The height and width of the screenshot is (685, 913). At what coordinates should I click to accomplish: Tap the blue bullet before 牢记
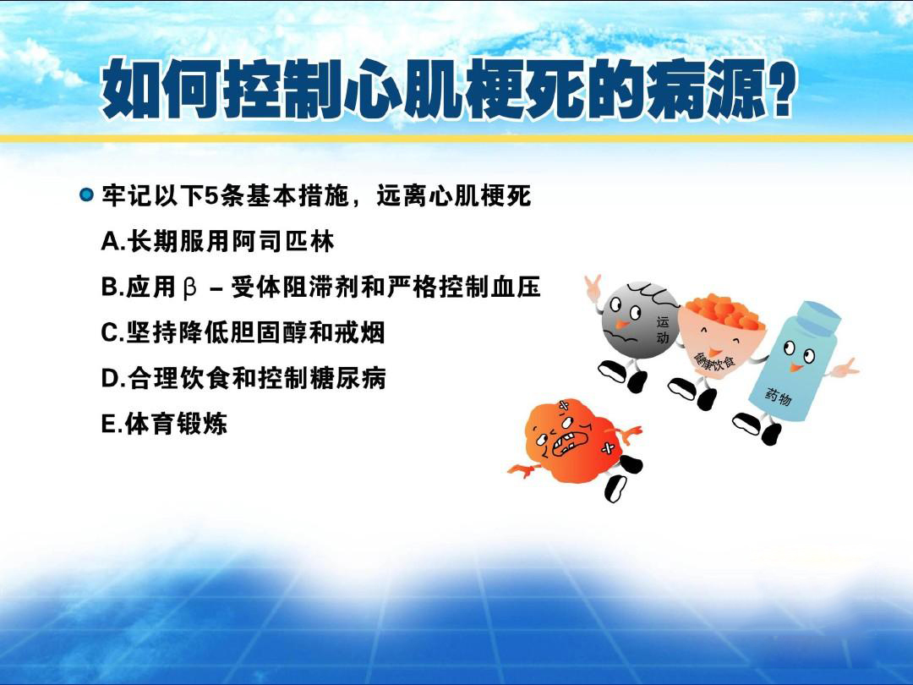click(x=86, y=195)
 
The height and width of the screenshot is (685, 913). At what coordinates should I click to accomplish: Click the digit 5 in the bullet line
click(x=212, y=195)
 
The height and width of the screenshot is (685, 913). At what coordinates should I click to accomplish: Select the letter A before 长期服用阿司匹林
click(x=110, y=241)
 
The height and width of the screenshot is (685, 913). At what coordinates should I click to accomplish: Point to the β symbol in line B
click(x=190, y=288)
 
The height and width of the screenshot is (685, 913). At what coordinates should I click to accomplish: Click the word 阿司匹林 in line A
click(x=283, y=241)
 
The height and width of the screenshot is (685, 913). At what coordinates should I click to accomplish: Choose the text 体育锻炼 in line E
click(x=177, y=424)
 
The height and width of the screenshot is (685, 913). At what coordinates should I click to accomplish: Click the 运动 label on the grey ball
click(x=663, y=329)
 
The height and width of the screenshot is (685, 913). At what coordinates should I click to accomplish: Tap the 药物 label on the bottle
click(x=779, y=397)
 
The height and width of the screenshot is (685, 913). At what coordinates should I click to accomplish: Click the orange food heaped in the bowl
click(x=724, y=313)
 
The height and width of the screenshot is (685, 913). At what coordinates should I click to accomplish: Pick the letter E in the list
click(x=109, y=424)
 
